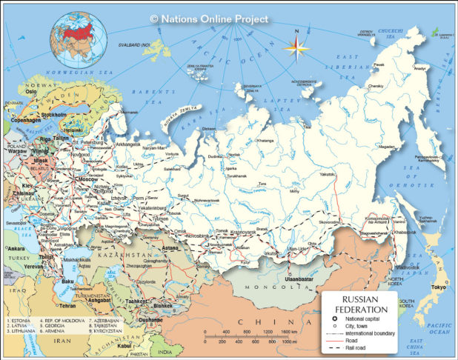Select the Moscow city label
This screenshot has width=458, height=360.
coord(88,180)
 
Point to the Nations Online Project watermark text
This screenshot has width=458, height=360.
coord(208,19)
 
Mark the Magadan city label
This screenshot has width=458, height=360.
coord(386,147)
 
